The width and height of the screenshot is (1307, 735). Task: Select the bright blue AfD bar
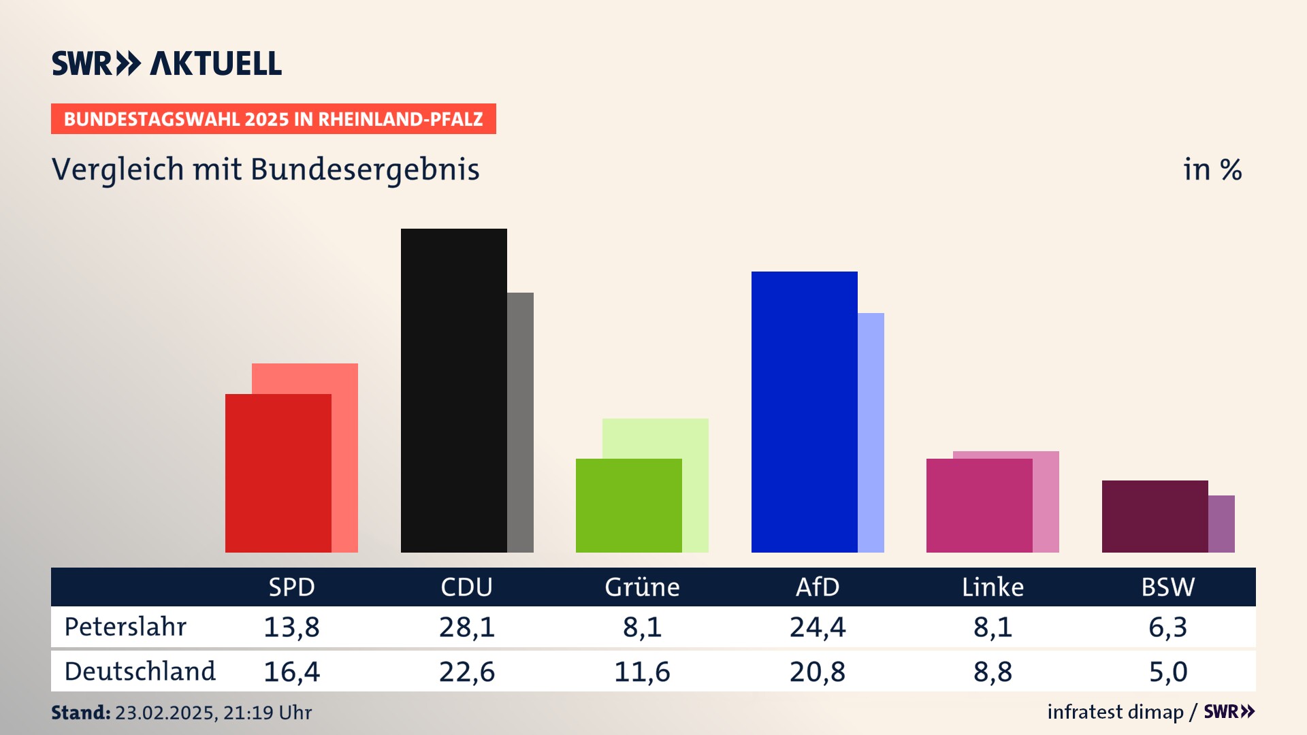tap(804, 412)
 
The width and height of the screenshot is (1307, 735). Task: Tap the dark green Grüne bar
tap(628, 506)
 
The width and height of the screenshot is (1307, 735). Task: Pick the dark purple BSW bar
tap(1155, 517)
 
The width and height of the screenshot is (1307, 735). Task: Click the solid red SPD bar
tap(278, 473)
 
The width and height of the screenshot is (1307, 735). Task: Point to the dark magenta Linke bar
tap(979, 506)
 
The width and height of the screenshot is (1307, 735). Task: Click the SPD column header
tap(291, 587)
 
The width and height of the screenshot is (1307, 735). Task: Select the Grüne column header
tap(642, 587)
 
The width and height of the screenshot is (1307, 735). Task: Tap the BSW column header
tap(1167, 587)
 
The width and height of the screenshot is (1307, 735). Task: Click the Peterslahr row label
tap(125, 627)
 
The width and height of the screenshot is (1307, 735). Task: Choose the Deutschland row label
tap(140, 672)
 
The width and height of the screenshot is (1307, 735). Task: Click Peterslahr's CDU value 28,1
tap(466, 627)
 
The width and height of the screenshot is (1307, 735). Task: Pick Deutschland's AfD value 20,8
tap(817, 672)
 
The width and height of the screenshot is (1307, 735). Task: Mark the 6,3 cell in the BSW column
tap(1167, 627)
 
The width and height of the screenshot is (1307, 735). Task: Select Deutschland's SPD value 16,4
tap(291, 672)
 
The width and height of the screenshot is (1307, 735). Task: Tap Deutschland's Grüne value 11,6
tap(642, 672)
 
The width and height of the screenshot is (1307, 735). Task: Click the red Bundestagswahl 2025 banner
tap(273, 119)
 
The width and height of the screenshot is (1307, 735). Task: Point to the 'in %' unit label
tap(1212, 169)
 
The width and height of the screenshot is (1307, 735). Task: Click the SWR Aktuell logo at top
tap(167, 63)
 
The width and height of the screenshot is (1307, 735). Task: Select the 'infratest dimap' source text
tap(1115, 712)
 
